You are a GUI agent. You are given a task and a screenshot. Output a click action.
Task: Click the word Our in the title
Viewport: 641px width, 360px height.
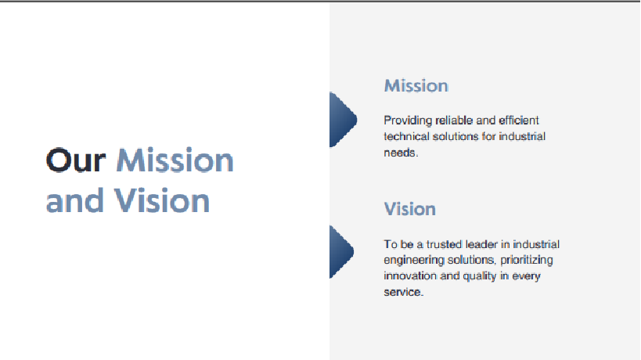(x=76, y=160)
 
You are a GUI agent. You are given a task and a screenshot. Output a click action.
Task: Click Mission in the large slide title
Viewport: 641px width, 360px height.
(x=175, y=160)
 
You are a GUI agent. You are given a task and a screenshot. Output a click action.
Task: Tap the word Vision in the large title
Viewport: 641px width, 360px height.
(x=161, y=200)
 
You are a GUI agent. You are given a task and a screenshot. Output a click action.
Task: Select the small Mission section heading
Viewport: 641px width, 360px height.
(x=416, y=86)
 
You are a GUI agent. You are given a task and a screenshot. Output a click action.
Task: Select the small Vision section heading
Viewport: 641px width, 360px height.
(x=409, y=209)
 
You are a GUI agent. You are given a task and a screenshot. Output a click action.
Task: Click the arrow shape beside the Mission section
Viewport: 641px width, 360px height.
(x=343, y=119)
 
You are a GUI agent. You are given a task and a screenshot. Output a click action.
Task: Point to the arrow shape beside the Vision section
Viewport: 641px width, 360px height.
(x=341, y=252)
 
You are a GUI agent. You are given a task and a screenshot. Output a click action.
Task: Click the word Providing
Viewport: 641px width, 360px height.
(x=408, y=121)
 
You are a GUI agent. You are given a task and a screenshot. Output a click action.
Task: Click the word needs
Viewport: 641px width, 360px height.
(x=401, y=153)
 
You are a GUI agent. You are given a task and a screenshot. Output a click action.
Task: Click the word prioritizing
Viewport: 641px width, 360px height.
(x=527, y=261)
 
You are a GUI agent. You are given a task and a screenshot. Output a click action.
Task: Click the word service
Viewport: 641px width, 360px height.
(x=404, y=292)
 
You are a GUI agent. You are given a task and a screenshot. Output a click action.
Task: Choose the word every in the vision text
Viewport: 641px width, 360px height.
(x=527, y=276)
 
